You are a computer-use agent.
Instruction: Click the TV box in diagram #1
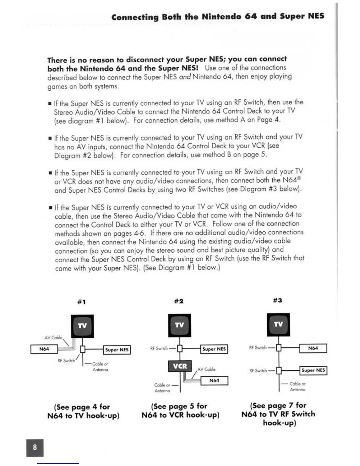click(82, 326)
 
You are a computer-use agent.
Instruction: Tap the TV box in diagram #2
click(179, 325)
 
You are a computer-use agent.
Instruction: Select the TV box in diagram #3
click(278, 324)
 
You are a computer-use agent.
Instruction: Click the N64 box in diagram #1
click(44, 349)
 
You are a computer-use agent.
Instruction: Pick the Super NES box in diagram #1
click(117, 350)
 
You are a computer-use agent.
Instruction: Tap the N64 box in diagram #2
click(214, 380)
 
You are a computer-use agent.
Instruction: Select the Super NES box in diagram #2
click(214, 349)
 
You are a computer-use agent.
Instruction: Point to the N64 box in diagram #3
click(313, 348)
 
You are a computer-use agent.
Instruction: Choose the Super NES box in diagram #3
click(313, 370)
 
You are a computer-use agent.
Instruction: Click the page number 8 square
click(35, 447)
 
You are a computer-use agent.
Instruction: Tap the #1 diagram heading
click(81, 302)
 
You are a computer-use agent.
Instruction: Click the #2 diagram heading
click(179, 301)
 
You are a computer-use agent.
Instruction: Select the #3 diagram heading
click(277, 300)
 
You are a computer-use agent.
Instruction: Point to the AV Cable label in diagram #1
click(53, 337)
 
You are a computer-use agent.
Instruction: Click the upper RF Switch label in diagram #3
click(258, 348)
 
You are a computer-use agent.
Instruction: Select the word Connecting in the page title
click(135, 17)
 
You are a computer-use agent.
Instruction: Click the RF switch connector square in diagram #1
click(83, 349)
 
